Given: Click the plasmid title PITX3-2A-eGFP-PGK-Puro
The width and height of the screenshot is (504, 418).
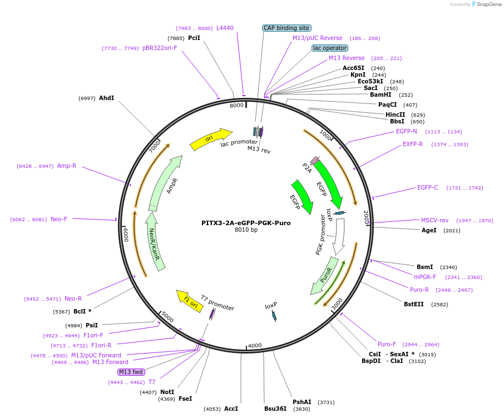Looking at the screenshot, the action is tap(246, 223).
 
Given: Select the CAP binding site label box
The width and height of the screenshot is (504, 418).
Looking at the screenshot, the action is tap(286, 28).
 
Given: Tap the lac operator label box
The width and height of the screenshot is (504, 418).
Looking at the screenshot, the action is tap(329, 48).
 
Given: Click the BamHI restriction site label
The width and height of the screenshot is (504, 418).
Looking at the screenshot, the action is tap(381, 94).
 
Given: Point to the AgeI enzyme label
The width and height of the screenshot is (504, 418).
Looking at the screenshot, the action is tap(429, 230).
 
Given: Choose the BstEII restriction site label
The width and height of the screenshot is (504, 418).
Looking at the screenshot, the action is tap(413, 304).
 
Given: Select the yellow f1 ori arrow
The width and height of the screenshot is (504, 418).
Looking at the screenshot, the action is tap(190, 300).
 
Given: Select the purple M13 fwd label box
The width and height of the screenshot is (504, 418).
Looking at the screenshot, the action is tap(130, 372).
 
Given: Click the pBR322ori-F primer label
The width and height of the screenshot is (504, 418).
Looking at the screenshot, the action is tap(160, 48).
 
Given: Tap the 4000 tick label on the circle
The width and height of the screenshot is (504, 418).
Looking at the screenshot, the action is tap(255, 345).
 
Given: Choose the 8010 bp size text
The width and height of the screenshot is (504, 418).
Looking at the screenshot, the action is tap(246, 230).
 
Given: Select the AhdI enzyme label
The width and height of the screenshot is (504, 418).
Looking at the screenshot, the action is tap(106, 98).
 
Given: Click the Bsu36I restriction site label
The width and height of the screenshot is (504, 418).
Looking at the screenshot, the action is tap(275, 409).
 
